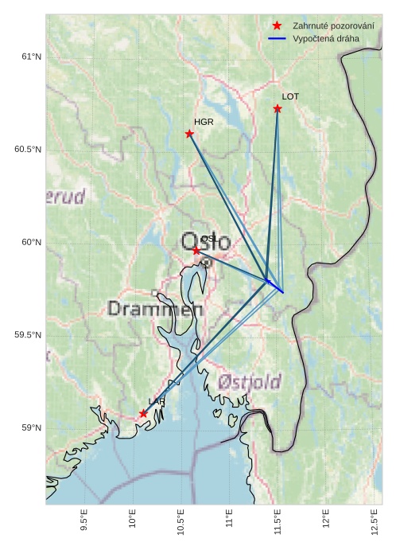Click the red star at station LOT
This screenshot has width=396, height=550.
pyautogui.click(x=278, y=108)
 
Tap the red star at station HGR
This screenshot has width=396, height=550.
pyautogui.click(x=189, y=134)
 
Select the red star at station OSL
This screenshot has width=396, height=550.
pyautogui.click(x=196, y=251)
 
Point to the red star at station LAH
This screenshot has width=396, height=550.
pyautogui.click(x=143, y=413)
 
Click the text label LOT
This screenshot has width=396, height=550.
pyautogui.click(x=290, y=96)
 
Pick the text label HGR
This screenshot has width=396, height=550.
pyautogui.click(x=204, y=122)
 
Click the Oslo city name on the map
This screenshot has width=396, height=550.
pyautogui.click(x=205, y=243)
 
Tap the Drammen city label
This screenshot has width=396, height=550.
pyautogui.click(x=155, y=309)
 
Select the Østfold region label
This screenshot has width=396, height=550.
pyautogui.click(x=250, y=383)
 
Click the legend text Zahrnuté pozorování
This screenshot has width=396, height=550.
pyautogui.click(x=333, y=25)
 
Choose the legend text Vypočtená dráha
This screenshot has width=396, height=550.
pyautogui.click(x=325, y=38)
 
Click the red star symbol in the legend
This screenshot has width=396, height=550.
pyautogui.click(x=277, y=25)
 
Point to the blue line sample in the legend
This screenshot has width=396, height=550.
pyautogui.click(x=277, y=38)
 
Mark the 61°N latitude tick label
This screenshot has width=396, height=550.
pyautogui.click(x=30, y=57)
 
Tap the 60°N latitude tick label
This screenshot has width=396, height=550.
pyautogui.click(x=30, y=242)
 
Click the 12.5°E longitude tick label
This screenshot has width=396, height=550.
pyautogui.click(x=375, y=523)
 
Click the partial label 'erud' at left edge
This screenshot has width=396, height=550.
pyautogui.click(x=65, y=197)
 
